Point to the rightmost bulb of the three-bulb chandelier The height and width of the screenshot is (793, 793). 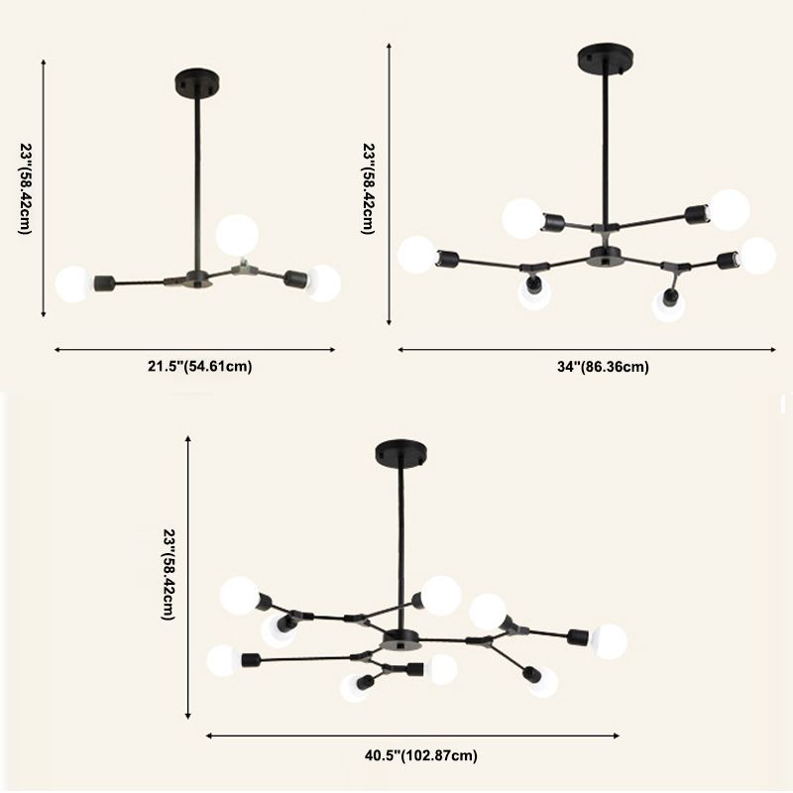tap(322, 283)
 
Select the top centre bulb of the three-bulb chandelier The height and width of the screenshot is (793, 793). tap(238, 233)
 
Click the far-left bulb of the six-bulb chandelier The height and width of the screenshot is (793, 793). tap(416, 255)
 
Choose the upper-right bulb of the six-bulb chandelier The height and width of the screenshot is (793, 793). tap(730, 209)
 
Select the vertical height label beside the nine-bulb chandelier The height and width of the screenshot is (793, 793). tap(170, 576)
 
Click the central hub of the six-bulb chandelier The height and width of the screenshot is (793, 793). tap(600, 256)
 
